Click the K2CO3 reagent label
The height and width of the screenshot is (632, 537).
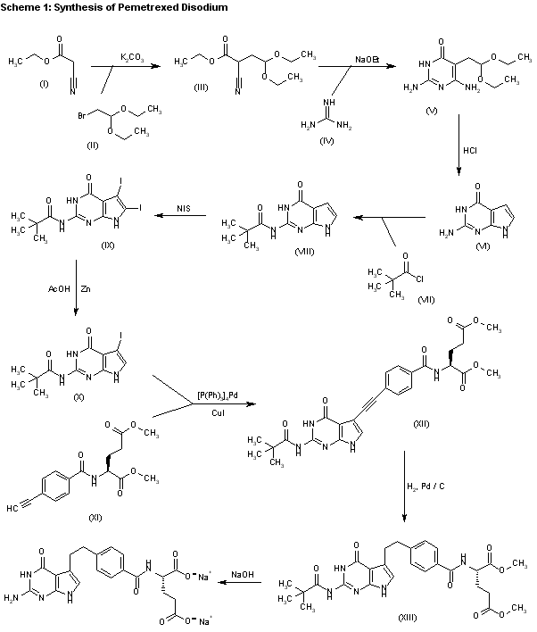[x=133, y=54]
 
